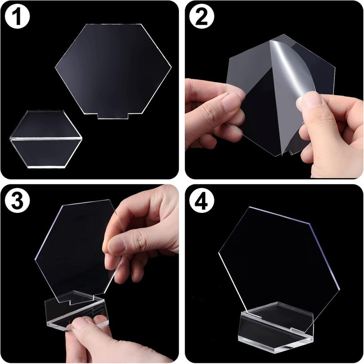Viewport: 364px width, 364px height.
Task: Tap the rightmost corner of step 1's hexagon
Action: coord(171,70)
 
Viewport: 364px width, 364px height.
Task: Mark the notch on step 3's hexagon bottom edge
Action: coord(68,300)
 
